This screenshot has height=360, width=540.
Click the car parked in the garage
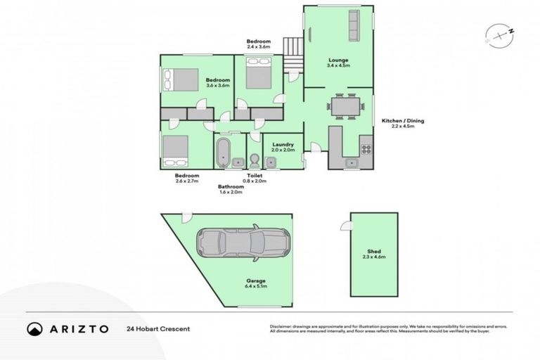(242, 243)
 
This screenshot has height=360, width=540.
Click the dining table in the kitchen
(345, 107)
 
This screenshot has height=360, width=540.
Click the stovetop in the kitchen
(366, 148)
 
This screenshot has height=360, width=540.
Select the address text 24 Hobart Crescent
(158, 328)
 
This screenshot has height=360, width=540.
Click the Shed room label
(373, 251)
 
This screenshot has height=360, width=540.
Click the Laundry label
(282, 144)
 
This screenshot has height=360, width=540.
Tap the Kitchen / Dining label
(403, 121)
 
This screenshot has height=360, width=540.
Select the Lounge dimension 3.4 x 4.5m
(338, 65)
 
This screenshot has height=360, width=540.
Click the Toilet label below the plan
(255, 175)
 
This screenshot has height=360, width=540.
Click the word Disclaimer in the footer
(281, 326)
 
